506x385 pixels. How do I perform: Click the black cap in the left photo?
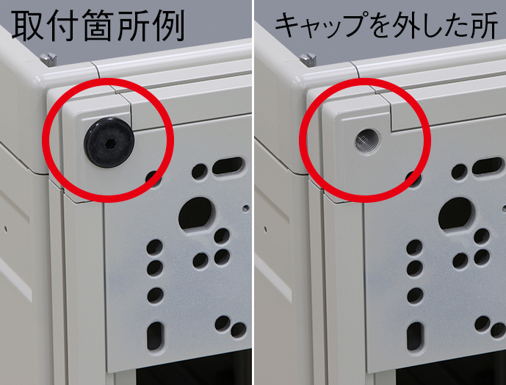tap(109, 143)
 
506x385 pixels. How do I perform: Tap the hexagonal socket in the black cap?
tap(109, 144)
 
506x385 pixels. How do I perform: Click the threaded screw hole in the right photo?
tap(368, 142)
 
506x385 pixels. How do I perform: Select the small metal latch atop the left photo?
tap(49, 60)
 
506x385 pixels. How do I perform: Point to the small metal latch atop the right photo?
tap(308, 60)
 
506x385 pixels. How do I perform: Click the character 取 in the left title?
tap(28, 25)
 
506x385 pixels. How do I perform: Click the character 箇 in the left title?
tap(98, 25)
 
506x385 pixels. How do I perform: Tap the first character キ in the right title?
tap(288, 25)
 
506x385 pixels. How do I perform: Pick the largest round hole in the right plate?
tap(456, 215)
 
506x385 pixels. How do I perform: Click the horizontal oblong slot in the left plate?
tap(228, 165)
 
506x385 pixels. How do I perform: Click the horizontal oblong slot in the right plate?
tap(488, 165)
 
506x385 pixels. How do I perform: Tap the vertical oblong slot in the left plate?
tap(156, 336)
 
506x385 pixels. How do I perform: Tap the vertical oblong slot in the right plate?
tap(415, 336)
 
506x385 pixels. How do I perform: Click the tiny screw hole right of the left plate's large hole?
tap(246, 208)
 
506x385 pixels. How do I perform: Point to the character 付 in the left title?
tap(64, 25)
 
